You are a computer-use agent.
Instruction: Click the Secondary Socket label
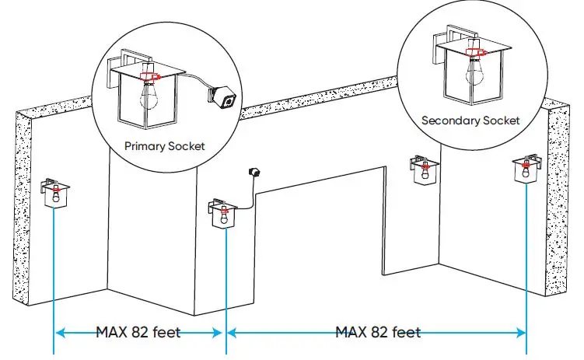(x=470, y=121)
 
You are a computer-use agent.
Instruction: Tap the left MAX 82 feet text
(x=138, y=333)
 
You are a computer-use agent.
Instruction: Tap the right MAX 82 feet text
(x=378, y=333)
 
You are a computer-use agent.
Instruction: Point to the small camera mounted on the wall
(x=252, y=170)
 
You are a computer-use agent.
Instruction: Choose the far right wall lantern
(x=526, y=169)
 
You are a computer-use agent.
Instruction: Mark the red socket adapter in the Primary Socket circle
(x=148, y=76)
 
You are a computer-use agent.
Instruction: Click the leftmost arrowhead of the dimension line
(x=59, y=333)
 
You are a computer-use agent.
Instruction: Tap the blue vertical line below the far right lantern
(x=526, y=257)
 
